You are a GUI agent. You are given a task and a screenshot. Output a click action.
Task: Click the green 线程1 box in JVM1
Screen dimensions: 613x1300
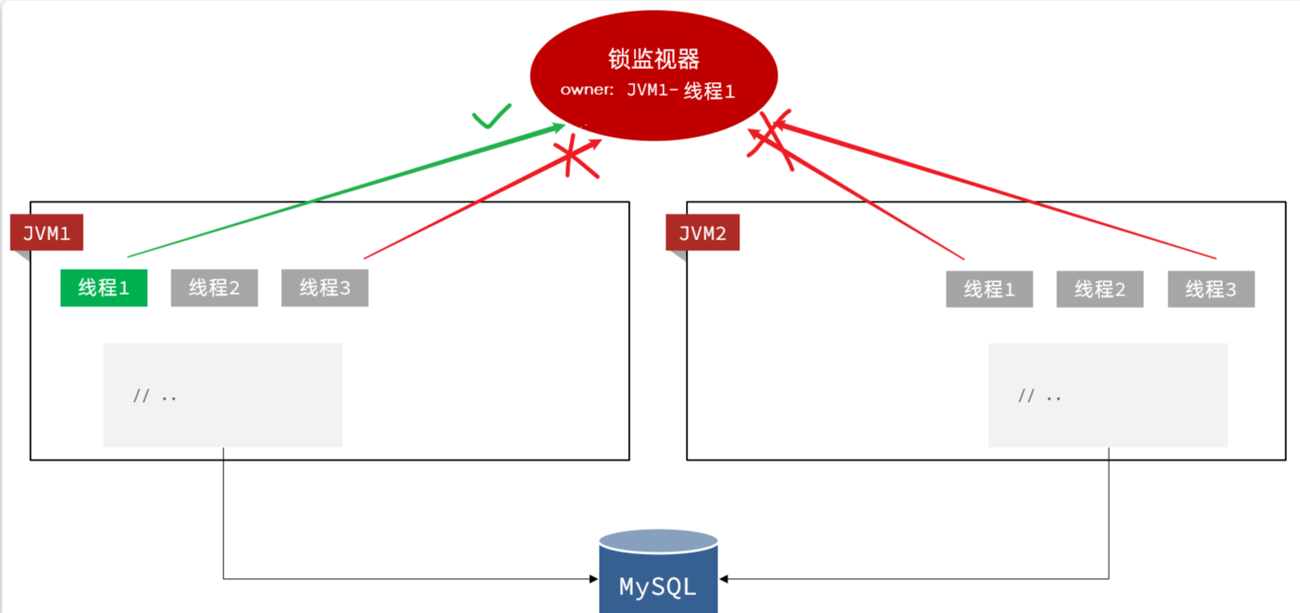(104, 287)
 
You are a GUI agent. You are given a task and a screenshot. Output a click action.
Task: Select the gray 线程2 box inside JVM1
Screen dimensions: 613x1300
(214, 287)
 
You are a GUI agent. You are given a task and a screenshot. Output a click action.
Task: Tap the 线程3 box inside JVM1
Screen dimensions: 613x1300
(325, 287)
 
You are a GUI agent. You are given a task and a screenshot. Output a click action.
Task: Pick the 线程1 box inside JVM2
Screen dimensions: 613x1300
(989, 289)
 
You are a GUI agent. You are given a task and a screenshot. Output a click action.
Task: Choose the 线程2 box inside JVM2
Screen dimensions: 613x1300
(1099, 289)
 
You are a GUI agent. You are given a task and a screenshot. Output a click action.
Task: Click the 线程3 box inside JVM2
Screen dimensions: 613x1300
(1211, 289)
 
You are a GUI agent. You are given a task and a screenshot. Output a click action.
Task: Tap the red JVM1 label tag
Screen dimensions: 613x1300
(46, 234)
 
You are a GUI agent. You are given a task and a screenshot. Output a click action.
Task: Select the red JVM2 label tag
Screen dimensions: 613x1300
(702, 234)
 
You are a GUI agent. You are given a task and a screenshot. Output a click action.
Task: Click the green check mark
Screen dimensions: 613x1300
(492, 117)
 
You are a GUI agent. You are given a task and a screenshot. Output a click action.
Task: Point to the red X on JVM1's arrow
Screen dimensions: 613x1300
(574, 156)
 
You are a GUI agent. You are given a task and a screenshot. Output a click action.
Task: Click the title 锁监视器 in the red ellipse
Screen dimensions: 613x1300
(654, 58)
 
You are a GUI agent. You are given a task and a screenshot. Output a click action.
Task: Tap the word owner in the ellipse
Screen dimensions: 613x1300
(587, 90)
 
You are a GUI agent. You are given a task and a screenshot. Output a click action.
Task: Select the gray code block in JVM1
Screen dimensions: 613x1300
(223, 395)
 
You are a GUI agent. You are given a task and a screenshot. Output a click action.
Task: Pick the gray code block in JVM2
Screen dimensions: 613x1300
(1107, 395)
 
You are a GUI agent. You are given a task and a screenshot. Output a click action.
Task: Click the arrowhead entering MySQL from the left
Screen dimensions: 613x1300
(594, 579)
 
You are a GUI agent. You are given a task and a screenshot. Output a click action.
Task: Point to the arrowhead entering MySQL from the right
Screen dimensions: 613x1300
(723, 579)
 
